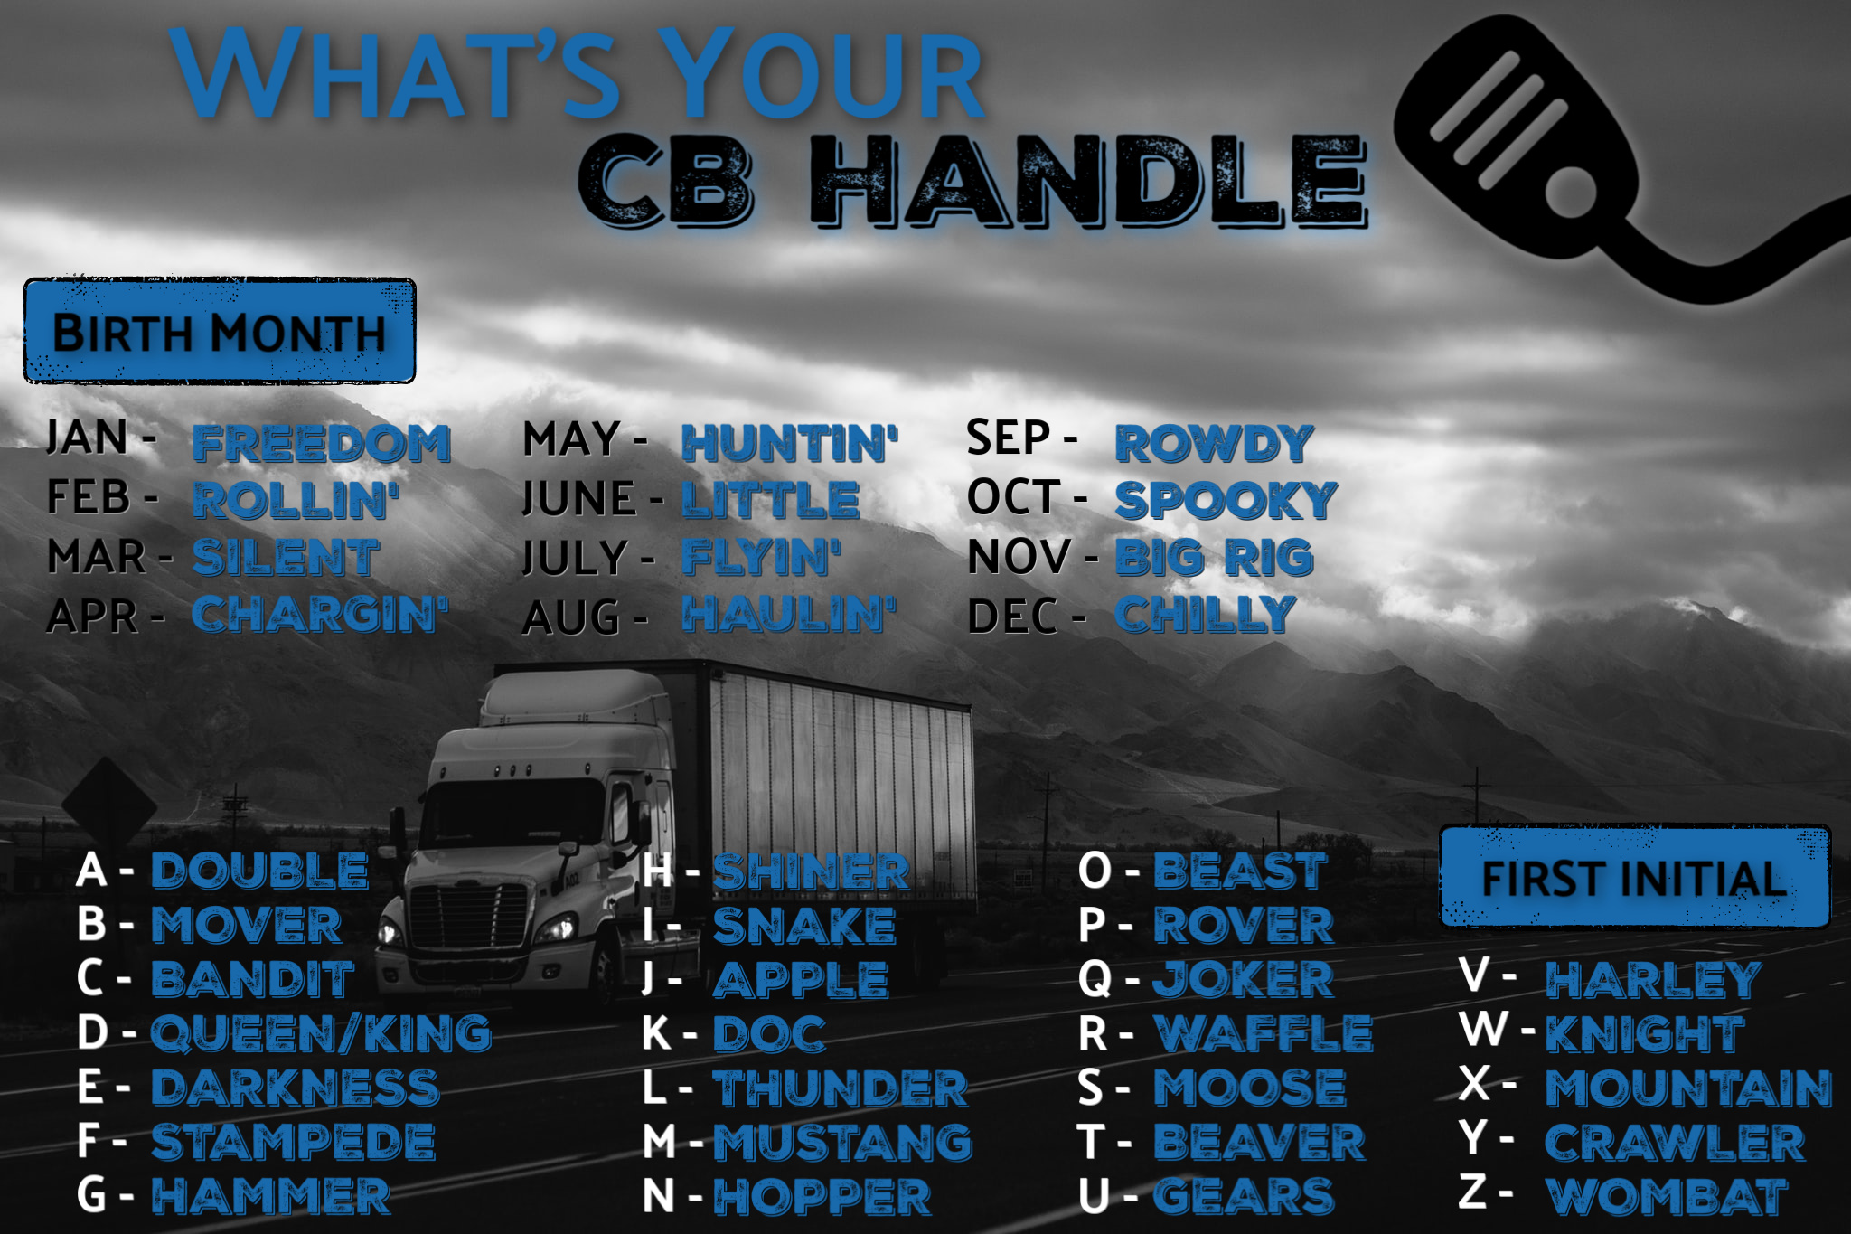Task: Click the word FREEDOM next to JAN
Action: point(322,444)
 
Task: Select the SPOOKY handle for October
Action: point(1226,500)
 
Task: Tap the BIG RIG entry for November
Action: point(1215,557)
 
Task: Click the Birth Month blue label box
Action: point(220,331)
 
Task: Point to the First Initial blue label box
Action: point(1635,877)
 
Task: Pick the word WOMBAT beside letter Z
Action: point(1668,1197)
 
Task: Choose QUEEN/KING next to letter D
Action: point(322,1033)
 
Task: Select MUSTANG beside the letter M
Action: point(843,1143)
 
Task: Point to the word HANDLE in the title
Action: point(1089,181)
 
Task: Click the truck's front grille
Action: point(468,915)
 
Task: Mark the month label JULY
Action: point(575,558)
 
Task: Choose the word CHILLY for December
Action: point(1206,615)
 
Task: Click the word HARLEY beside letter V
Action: point(1654,980)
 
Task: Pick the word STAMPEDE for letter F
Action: point(294,1142)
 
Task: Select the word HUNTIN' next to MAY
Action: point(790,444)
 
